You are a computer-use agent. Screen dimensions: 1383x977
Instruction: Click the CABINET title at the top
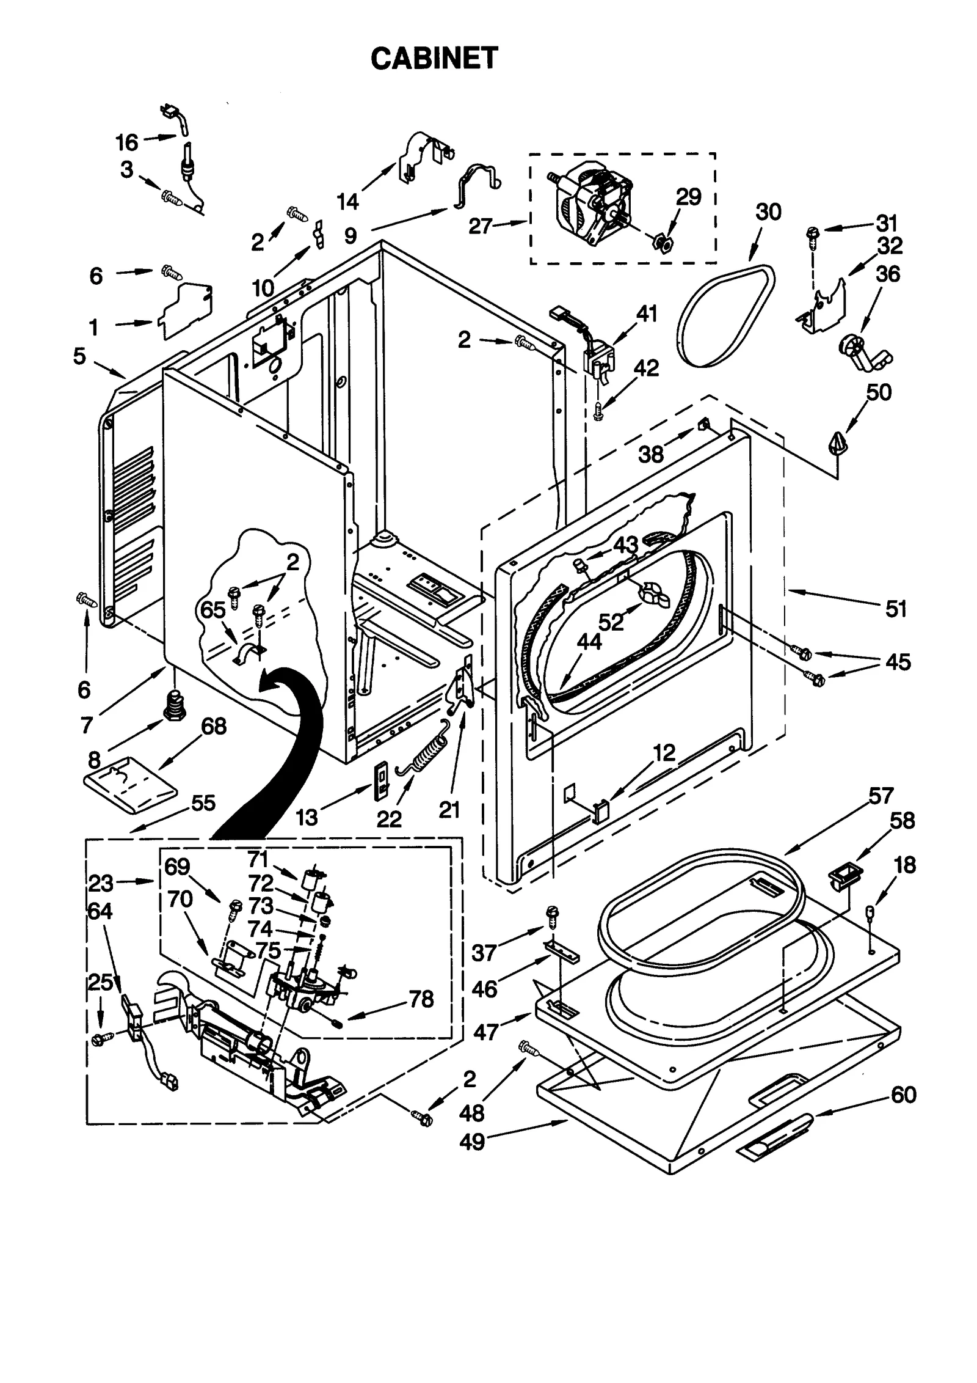click(434, 59)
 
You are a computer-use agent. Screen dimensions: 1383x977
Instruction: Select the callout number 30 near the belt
click(768, 212)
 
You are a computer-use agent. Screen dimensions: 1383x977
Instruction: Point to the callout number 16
click(127, 142)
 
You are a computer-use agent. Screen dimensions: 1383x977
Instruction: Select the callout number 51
click(896, 609)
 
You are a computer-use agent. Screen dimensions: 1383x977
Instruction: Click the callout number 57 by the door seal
click(881, 795)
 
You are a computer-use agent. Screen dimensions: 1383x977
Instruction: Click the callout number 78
click(421, 999)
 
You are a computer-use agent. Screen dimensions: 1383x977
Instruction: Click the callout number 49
click(471, 1142)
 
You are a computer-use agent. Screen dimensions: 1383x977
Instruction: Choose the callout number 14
click(348, 201)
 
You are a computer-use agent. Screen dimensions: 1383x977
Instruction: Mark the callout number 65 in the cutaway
click(213, 609)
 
